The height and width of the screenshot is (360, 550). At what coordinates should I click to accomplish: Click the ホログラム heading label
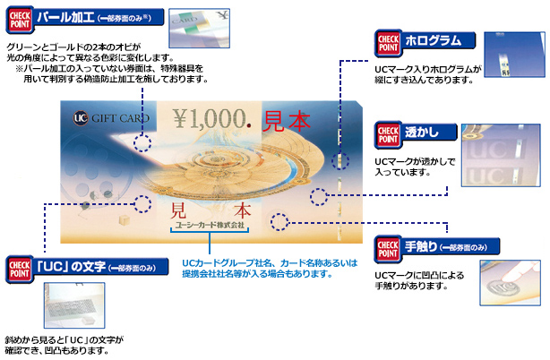coord(433,40)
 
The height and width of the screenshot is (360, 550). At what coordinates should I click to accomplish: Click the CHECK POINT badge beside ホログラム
coord(387,42)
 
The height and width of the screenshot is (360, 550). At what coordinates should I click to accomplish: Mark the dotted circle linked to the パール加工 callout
coord(142,141)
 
